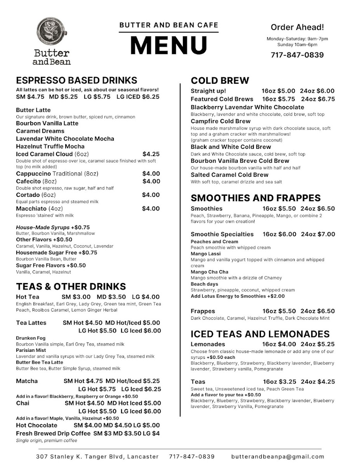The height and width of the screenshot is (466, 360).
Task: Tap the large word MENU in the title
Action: (x=169, y=45)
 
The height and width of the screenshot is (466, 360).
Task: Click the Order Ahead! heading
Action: (x=297, y=27)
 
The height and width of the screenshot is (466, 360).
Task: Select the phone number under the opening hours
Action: (x=297, y=55)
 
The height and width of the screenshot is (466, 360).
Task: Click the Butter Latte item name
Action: (x=33, y=110)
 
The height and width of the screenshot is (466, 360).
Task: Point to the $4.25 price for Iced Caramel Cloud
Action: (x=151, y=154)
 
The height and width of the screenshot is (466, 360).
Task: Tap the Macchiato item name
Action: (x=31, y=209)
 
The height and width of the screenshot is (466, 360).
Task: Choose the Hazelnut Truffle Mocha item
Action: (x=50, y=146)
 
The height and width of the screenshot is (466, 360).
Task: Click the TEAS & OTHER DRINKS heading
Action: (x=71, y=287)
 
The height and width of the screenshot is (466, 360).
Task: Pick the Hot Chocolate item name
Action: (x=37, y=425)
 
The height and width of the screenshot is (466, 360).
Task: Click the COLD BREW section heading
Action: (x=220, y=81)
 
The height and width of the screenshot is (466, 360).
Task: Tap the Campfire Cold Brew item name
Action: (x=221, y=121)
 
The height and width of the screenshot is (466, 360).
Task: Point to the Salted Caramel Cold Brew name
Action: (x=230, y=175)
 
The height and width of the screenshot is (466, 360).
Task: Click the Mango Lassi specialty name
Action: (x=205, y=254)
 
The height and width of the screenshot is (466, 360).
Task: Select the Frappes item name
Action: (x=203, y=311)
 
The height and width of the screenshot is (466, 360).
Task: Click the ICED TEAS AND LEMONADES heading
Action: (x=260, y=334)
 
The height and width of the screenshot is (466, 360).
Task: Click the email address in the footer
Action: (x=277, y=457)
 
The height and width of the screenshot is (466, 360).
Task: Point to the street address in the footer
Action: (x=97, y=457)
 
